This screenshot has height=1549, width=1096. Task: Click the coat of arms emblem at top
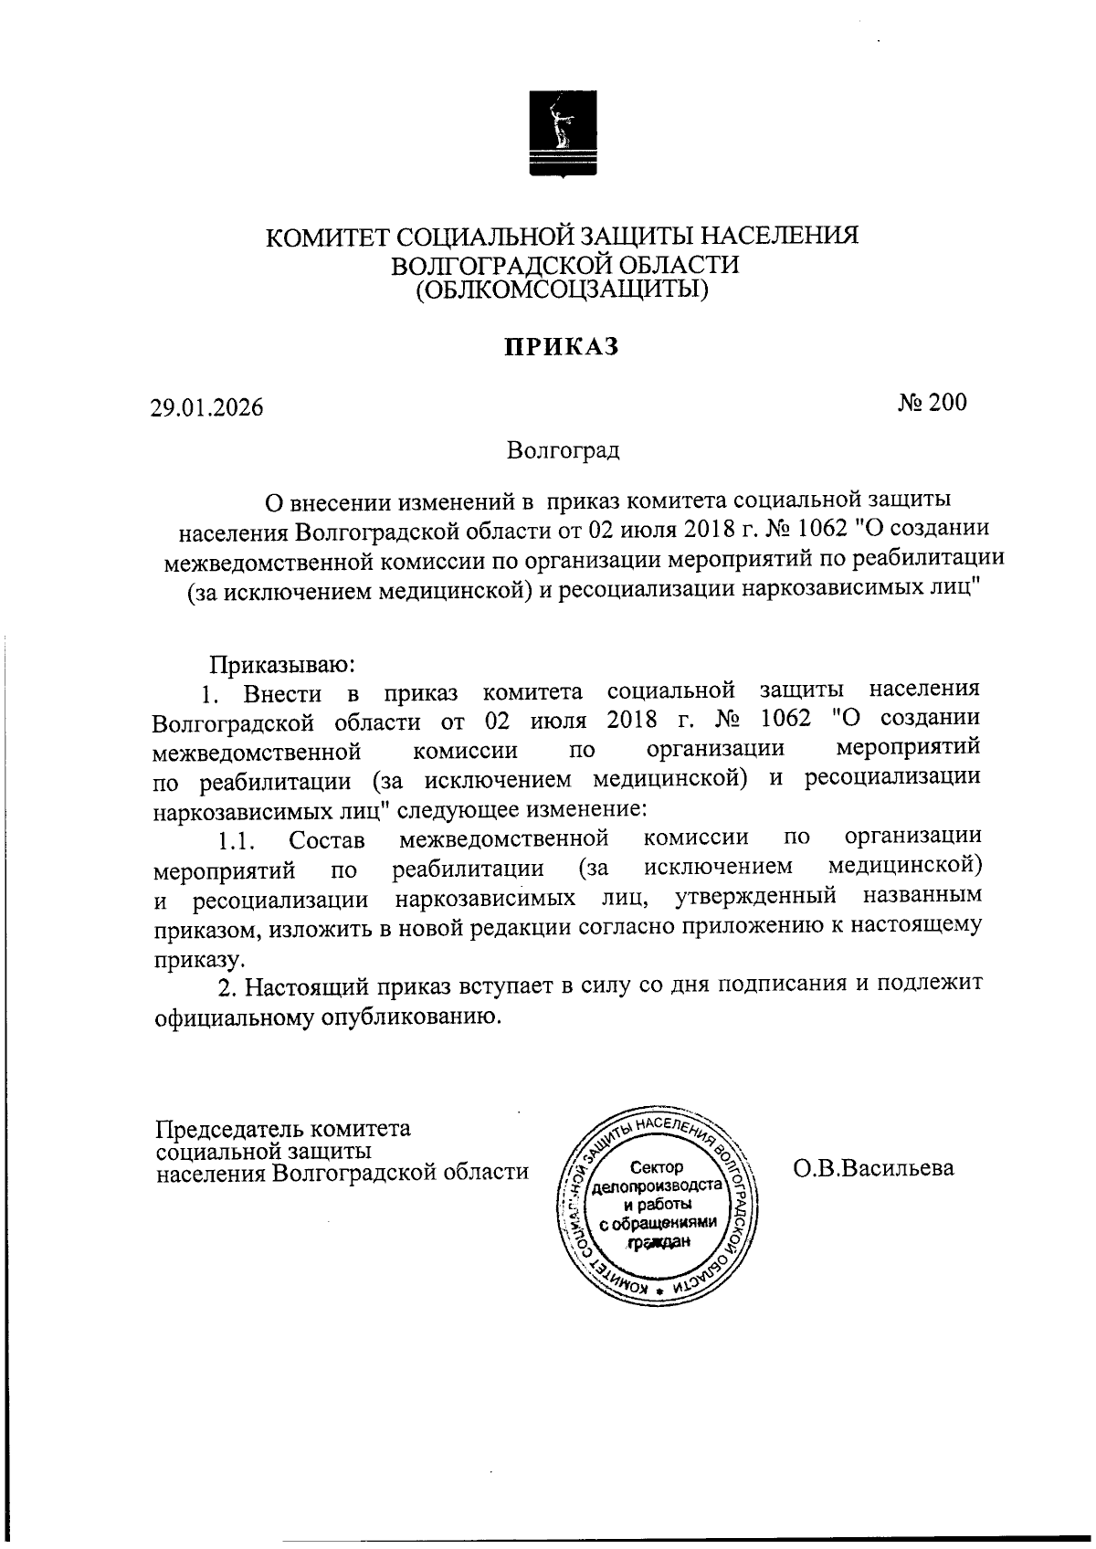coord(564,132)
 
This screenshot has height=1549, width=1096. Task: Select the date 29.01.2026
coord(207,407)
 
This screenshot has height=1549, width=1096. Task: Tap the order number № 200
coord(932,403)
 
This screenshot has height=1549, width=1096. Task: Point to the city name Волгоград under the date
coord(564,450)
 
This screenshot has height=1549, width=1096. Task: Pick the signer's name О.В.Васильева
coord(873,1168)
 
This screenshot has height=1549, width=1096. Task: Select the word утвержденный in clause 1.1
coord(755,897)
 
